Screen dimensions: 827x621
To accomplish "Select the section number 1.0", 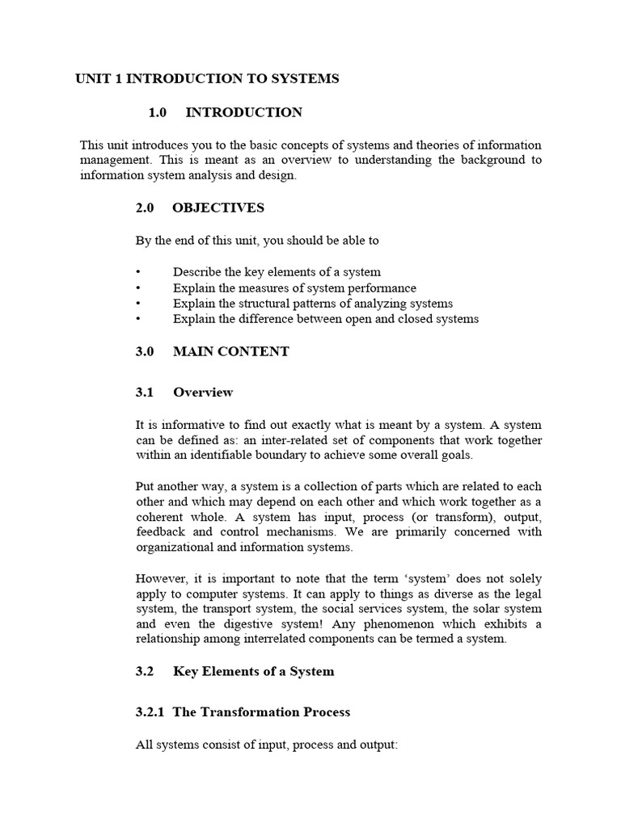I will [x=158, y=112].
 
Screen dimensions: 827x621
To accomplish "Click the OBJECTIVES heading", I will [x=218, y=208].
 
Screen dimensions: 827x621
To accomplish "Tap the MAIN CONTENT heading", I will [x=230, y=351].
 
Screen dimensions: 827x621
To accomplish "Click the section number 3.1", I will [x=145, y=393].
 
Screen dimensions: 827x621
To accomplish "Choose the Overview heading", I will [x=203, y=393].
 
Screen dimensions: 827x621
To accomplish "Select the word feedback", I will [x=160, y=532].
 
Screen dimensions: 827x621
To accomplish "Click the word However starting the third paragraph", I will [x=162, y=578].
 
